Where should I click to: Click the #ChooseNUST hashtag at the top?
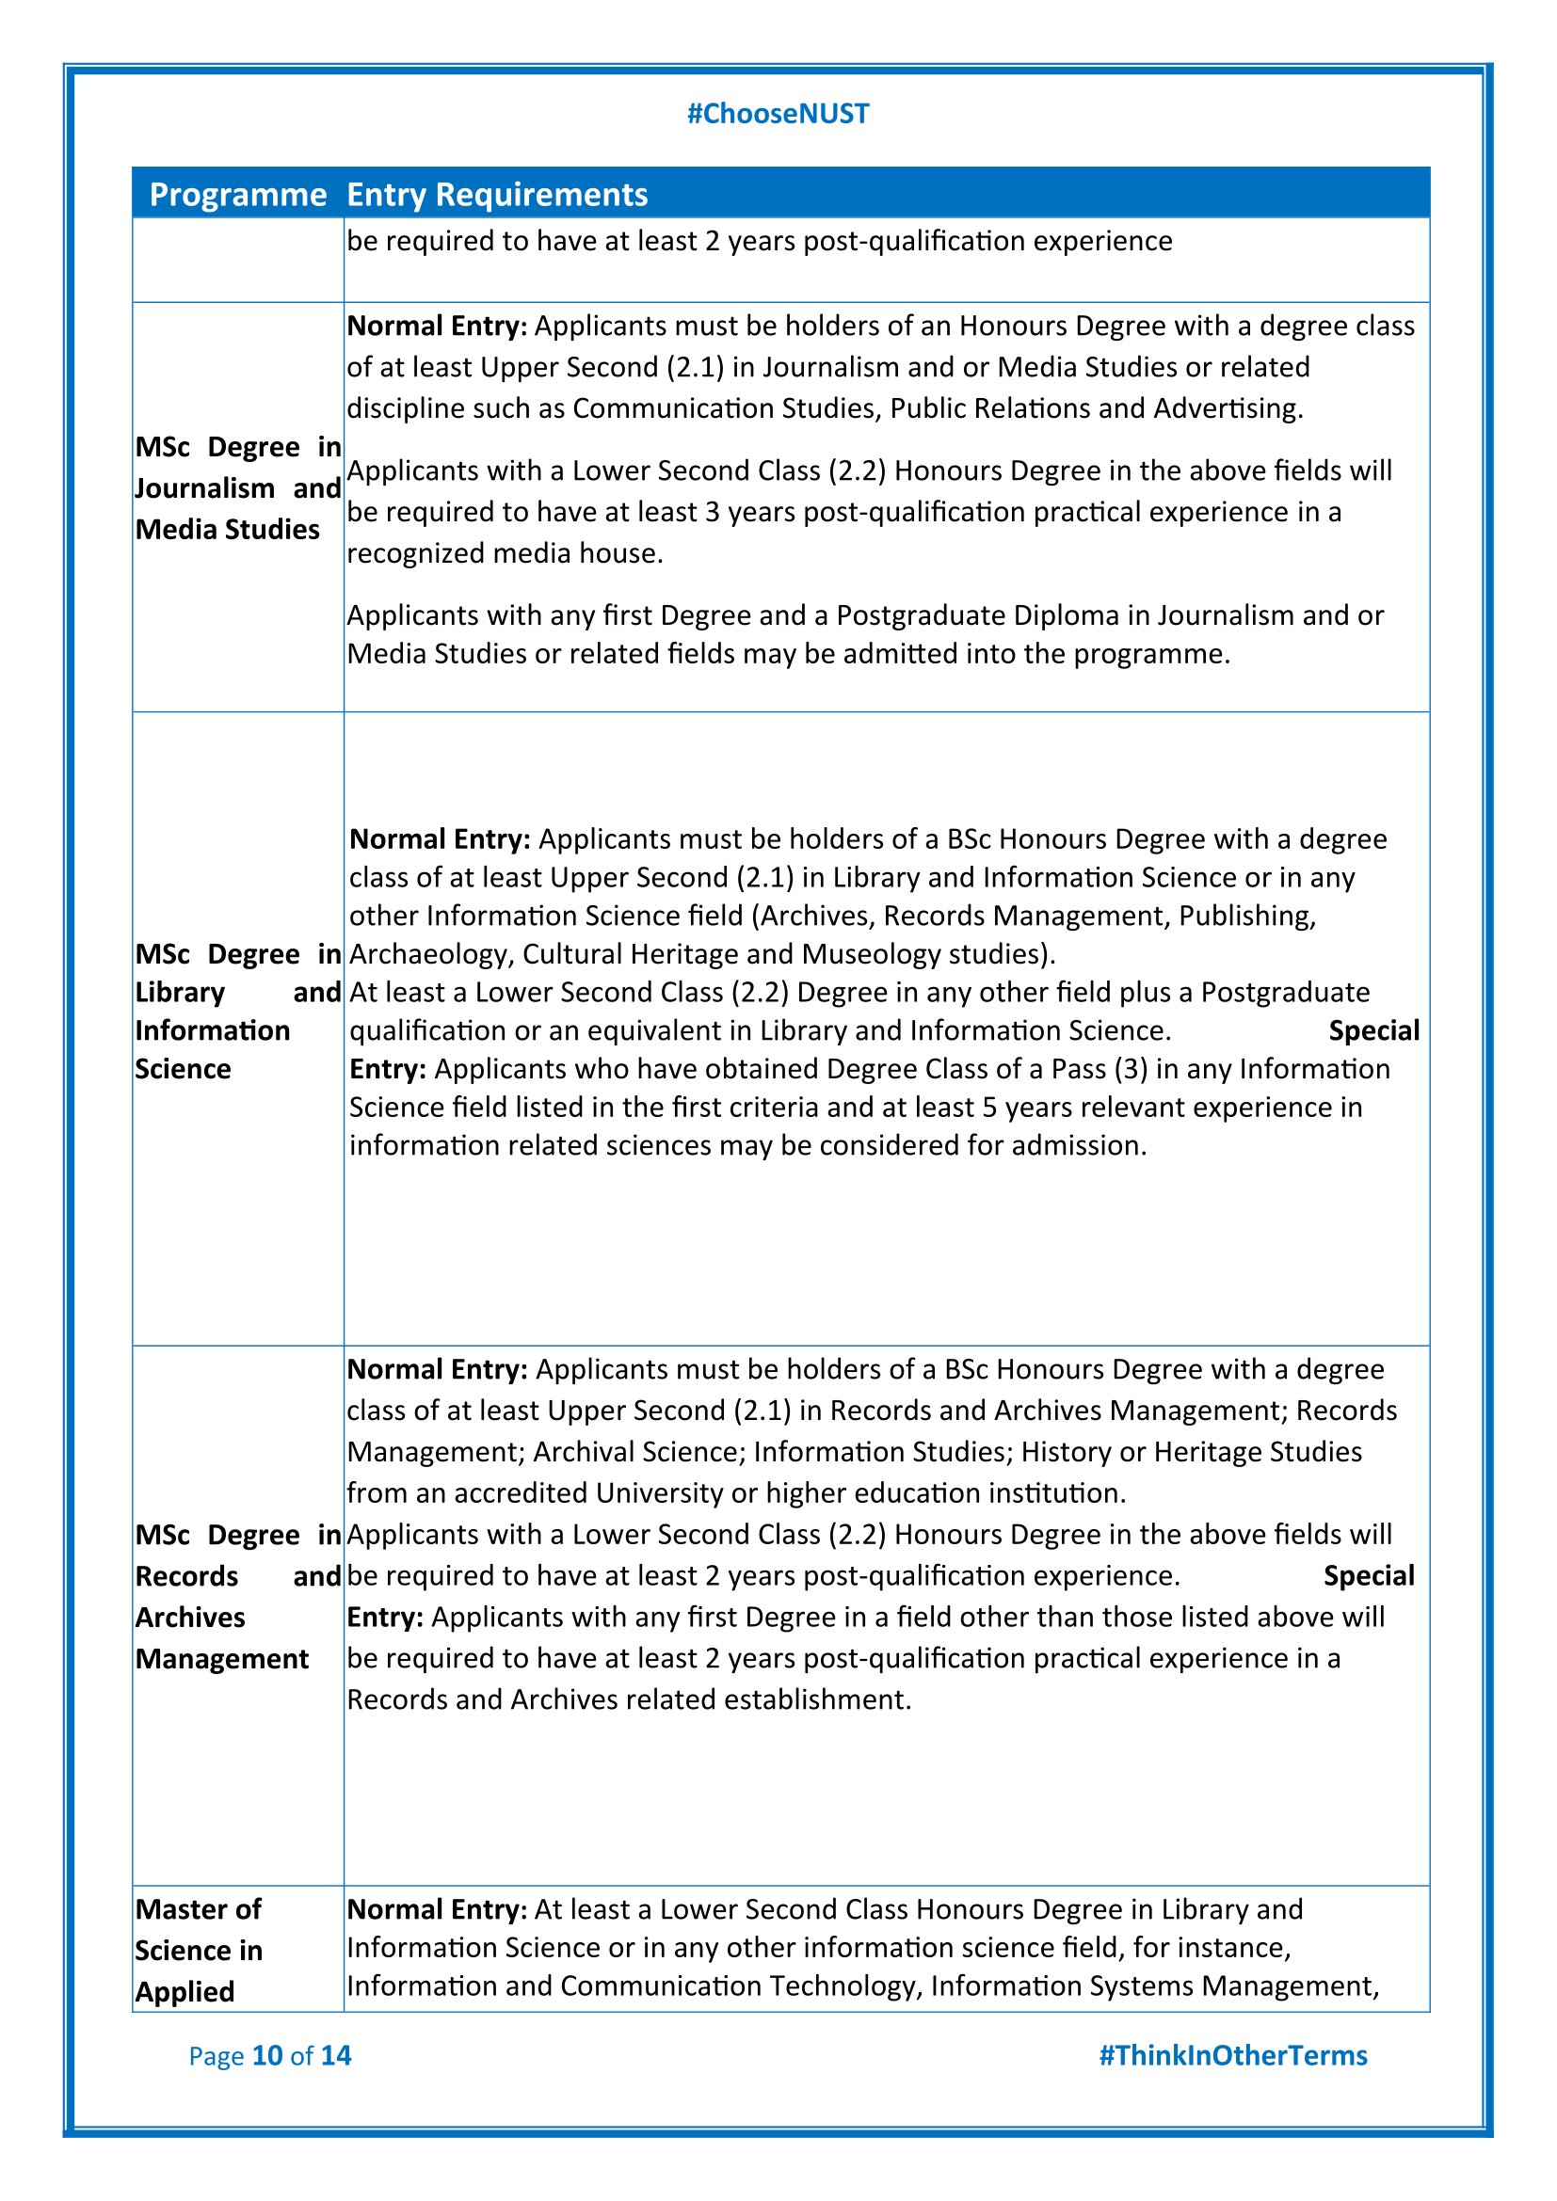coord(778,114)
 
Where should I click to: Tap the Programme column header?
coord(238,195)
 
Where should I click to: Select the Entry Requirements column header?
coord(497,195)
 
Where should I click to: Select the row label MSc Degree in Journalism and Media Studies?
coord(238,488)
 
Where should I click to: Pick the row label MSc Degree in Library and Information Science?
coord(238,1012)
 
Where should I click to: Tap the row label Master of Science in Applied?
coord(199,1950)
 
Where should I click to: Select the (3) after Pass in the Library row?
coord(1131,1070)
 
